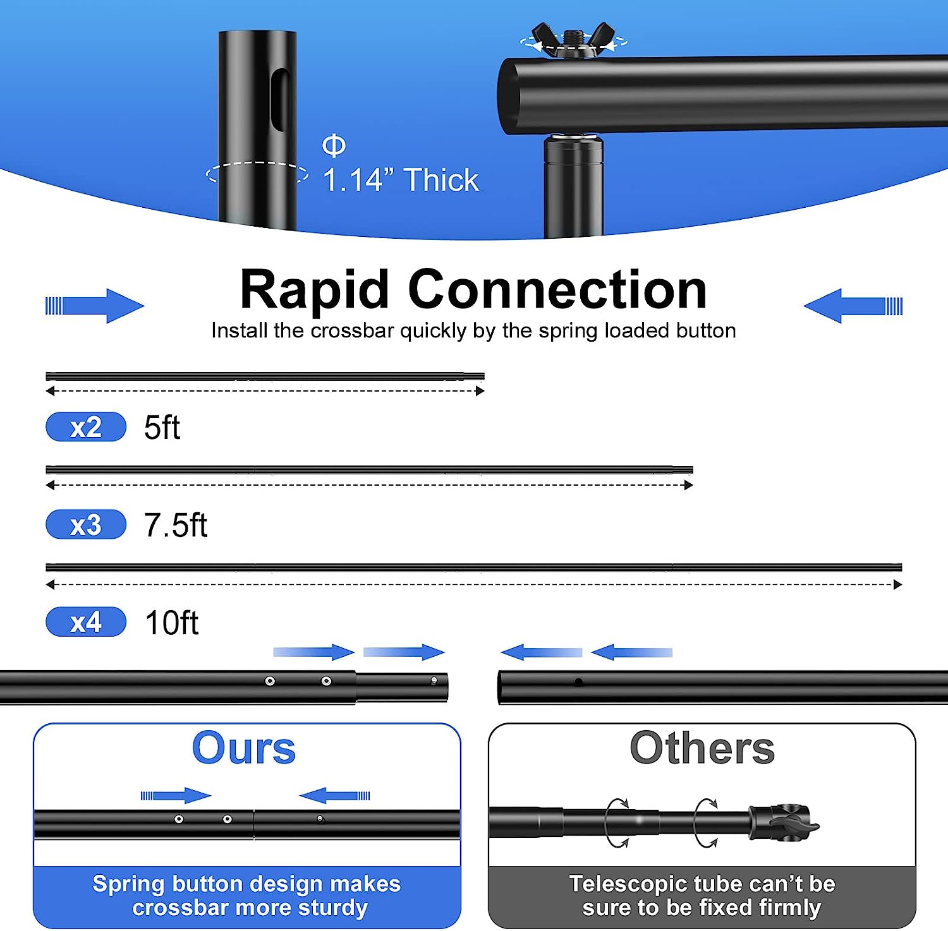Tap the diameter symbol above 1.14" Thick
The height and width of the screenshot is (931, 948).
click(x=334, y=145)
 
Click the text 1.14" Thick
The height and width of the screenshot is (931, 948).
click(x=401, y=180)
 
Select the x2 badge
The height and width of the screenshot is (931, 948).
click(x=86, y=427)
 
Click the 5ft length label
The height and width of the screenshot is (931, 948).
click(x=162, y=428)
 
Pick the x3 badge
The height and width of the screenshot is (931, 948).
click(x=86, y=525)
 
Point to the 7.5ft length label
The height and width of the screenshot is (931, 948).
click(x=176, y=525)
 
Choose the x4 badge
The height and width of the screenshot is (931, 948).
click(x=86, y=622)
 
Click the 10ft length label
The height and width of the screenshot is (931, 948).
click(x=172, y=623)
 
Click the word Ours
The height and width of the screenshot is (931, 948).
click(x=244, y=748)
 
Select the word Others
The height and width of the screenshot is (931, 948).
click(x=702, y=748)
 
